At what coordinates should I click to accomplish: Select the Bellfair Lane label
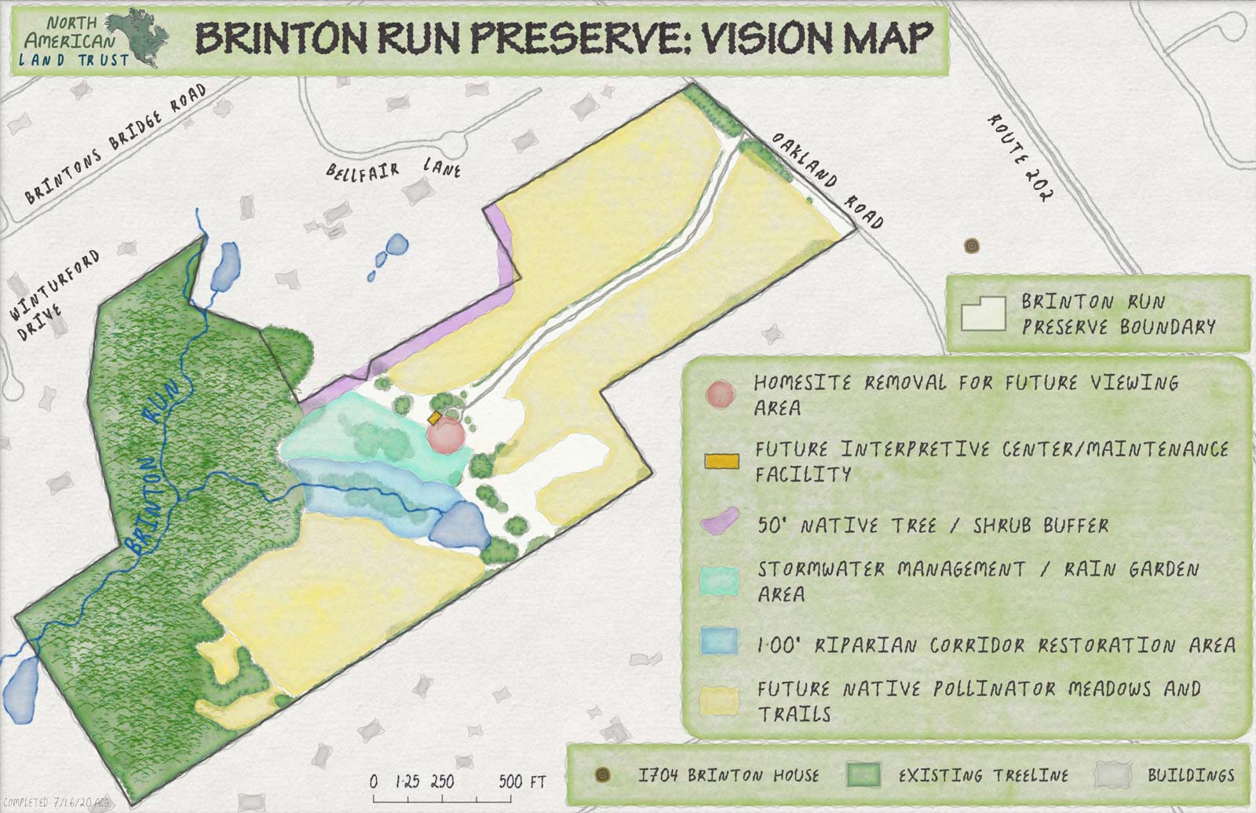(393, 169)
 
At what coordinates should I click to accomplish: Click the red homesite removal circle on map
(447, 434)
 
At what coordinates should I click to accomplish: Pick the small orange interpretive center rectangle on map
(434, 418)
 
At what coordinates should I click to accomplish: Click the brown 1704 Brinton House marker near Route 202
(973, 246)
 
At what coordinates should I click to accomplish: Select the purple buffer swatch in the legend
(720, 522)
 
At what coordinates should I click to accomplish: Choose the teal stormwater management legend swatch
(720, 582)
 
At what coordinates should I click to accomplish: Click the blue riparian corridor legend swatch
(720, 640)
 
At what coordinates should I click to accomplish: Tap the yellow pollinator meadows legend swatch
(720, 701)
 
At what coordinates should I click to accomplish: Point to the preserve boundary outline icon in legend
(983, 315)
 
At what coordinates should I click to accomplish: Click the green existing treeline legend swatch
(863, 775)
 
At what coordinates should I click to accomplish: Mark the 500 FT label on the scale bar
(522, 782)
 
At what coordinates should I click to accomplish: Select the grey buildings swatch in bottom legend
(1113, 775)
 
